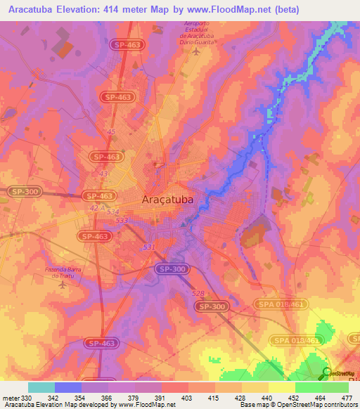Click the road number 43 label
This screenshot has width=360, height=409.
[x=104, y=174]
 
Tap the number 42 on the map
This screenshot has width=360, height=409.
[x=94, y=208]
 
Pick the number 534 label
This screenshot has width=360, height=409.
[x=112, y=212]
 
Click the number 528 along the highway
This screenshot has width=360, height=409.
[x=197, y=293]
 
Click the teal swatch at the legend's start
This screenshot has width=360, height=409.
[x=41, y=387]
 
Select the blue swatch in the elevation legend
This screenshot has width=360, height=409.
[x=68, y=387]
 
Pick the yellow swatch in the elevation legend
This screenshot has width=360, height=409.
[x=281, y=387]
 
